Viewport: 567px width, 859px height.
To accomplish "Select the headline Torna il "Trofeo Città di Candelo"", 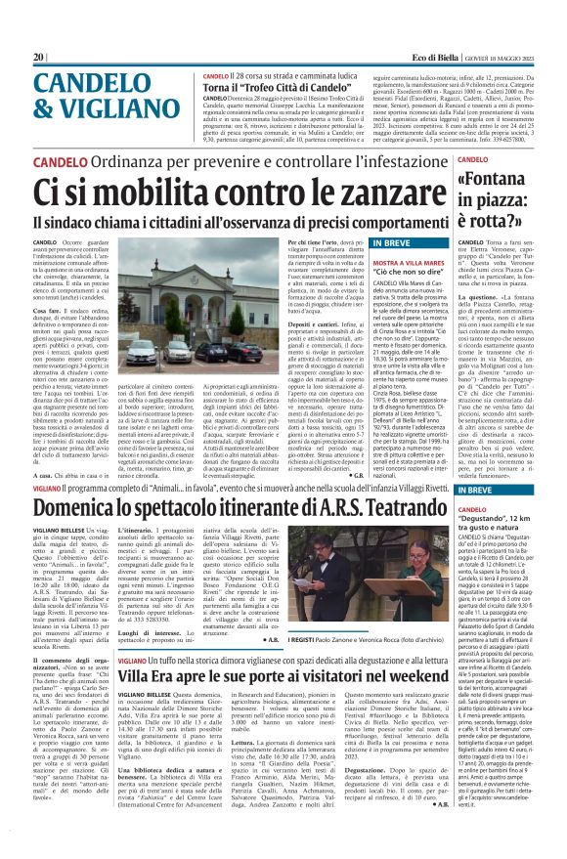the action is click(x=272, y=86).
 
